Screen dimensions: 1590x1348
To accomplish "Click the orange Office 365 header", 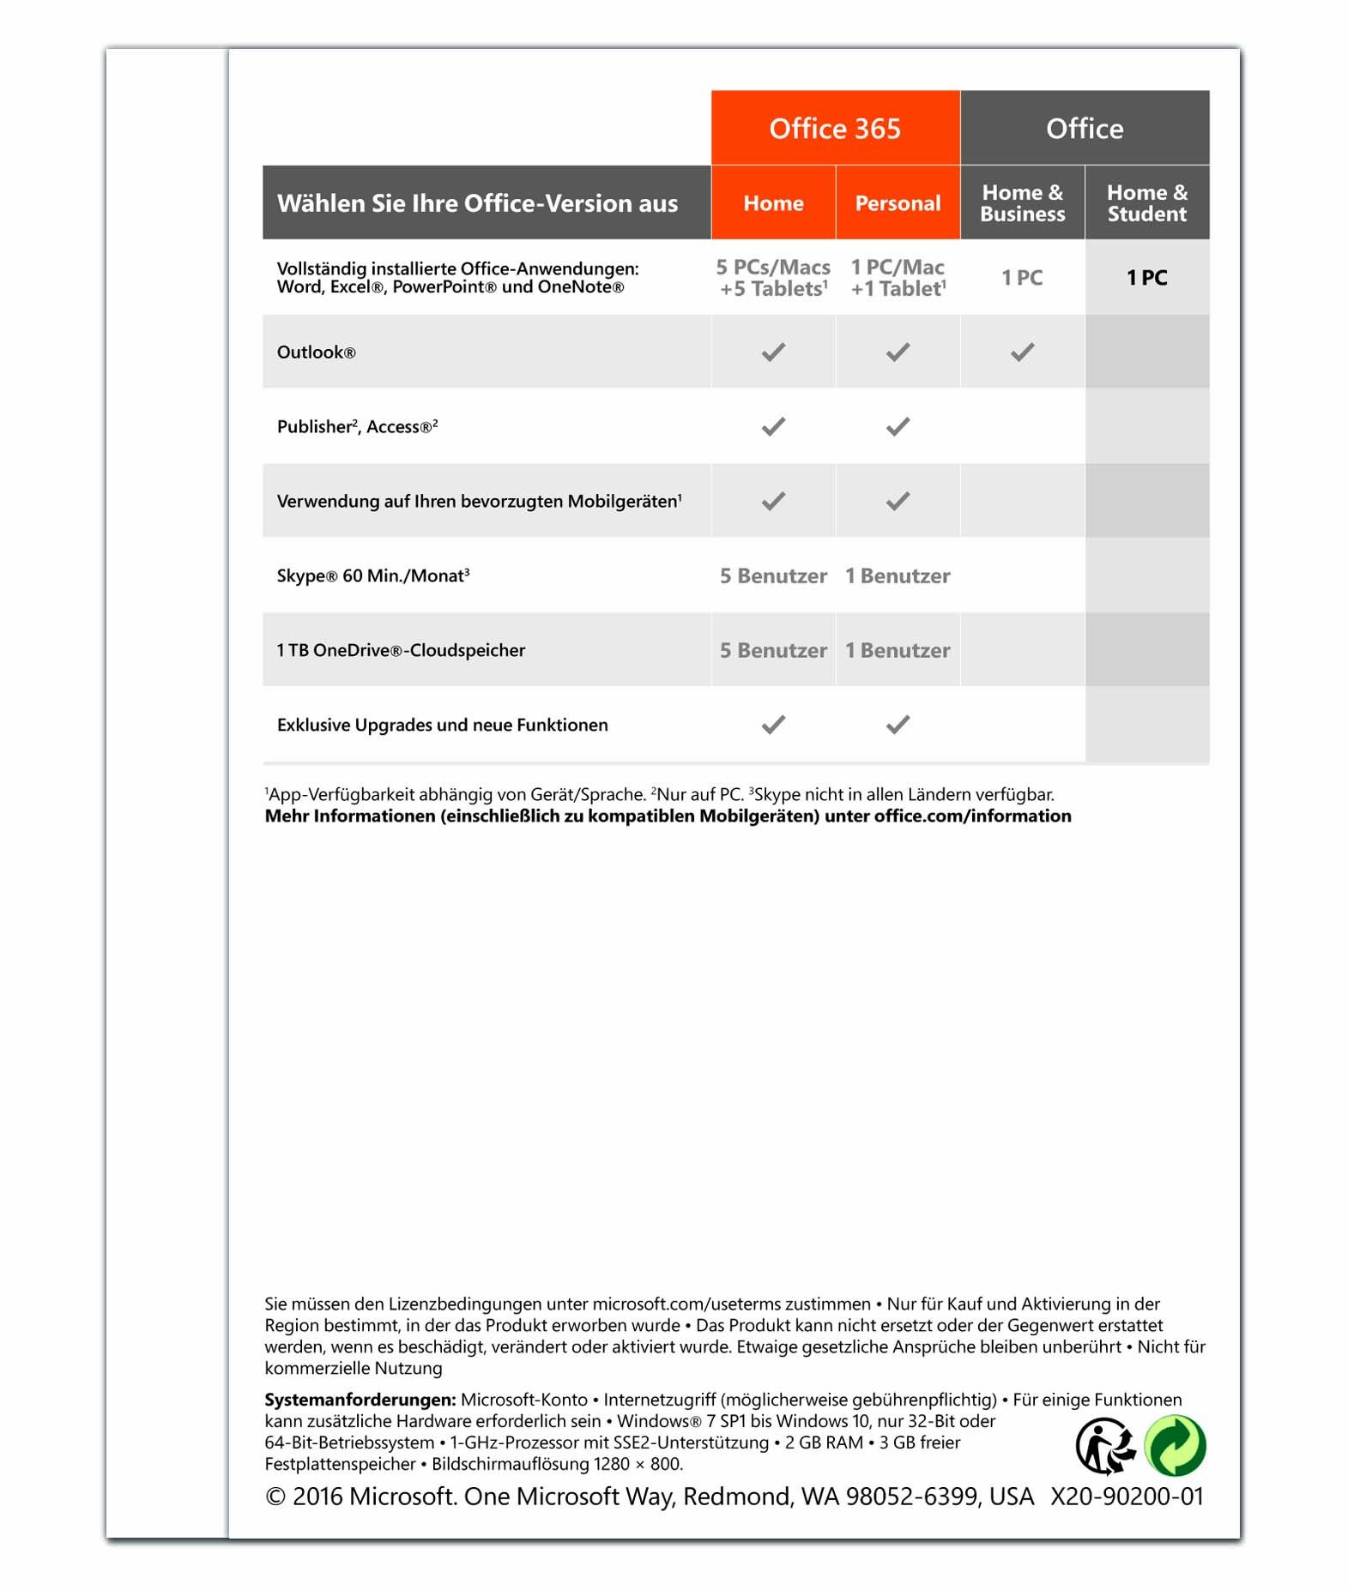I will [834, 129].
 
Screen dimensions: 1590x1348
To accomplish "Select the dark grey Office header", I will [1084, 129].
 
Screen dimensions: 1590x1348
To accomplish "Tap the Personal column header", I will [898, 203].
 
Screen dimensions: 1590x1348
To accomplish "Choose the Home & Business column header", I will [1022, 203].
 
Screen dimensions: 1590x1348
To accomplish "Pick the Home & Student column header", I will [1146, 203].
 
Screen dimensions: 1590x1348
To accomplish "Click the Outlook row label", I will [316, 352].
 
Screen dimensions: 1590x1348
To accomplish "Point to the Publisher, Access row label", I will [357, 427].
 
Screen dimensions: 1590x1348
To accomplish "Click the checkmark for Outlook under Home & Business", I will [1022, 352].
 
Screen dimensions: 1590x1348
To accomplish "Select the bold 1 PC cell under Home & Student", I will [1146, 278].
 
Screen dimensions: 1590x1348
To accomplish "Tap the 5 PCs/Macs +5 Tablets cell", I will [773, 278].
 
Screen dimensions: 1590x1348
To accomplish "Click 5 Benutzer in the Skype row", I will [773, 576].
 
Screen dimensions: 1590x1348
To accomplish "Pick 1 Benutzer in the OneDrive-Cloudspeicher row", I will [898, 651].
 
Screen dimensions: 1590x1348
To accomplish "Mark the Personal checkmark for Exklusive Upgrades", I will [898, 726].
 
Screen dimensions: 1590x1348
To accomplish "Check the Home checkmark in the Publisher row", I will [773, 427].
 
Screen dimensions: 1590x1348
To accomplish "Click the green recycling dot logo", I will [1176, 1446].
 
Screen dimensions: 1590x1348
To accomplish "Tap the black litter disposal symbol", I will [1105, 1446].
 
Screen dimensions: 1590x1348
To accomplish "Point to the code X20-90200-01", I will [1127, 1497].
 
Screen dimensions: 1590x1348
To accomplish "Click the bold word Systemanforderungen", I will [360, 1400].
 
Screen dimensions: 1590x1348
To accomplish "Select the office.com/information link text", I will [972, 816].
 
